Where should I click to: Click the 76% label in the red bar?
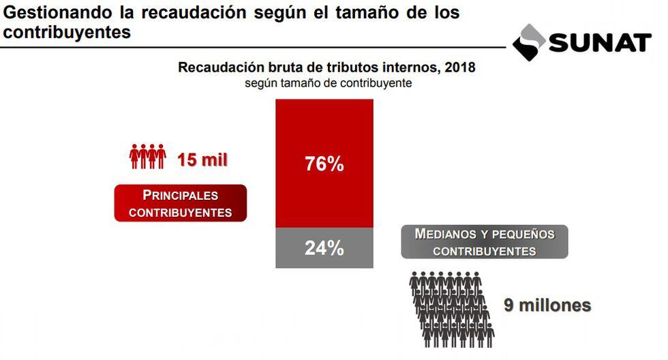tap(324, 164)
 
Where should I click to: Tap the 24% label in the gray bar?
tap(324, 248)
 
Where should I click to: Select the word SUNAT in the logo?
tap(600, 43)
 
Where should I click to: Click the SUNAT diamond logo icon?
tap(530, 42)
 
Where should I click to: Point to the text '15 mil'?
tap(202, 160)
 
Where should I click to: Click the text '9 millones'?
tap(547, 305)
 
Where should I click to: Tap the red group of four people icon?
tap(147, 157)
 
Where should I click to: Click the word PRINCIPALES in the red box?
tap(180, 195)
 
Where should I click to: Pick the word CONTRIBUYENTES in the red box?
tap(180, 213)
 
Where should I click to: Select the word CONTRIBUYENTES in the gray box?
tap(484, 252)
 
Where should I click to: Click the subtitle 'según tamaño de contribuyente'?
tap(329, 83)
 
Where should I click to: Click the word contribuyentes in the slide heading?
tap(65, 32)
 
